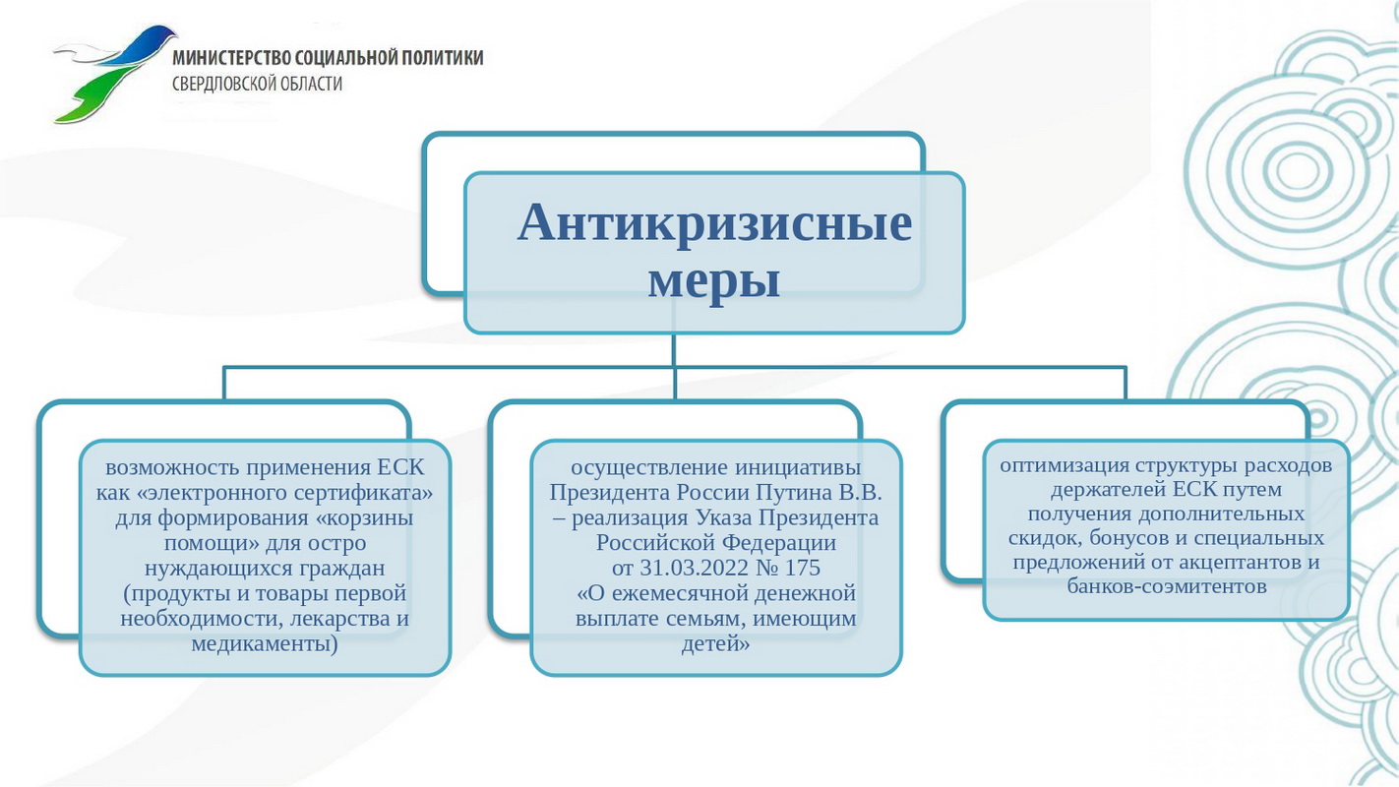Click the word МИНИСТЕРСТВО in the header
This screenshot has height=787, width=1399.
(231, 57)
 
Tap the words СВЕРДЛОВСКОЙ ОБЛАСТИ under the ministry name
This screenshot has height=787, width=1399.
(258, 84)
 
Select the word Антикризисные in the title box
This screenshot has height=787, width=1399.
(714, 222)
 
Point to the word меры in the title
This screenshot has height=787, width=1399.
(714, 281)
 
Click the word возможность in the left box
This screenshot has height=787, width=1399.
(172, 467)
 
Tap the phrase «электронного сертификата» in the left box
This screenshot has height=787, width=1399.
(284, 493)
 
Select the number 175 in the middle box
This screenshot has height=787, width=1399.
(803, 568)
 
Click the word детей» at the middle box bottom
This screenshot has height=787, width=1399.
(715, 643)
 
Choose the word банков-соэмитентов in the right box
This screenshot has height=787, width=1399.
(1166, 586)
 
